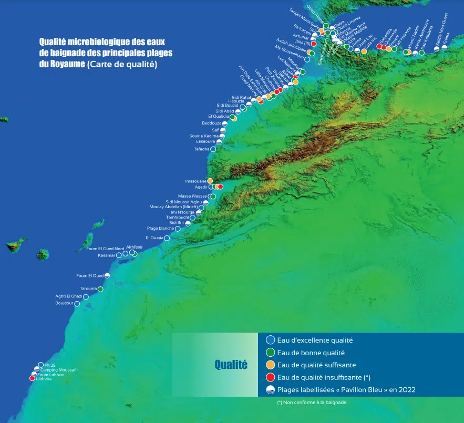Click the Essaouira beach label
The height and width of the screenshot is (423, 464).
[x=205, y=141]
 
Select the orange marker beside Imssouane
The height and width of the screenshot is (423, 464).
[x=210, y=181]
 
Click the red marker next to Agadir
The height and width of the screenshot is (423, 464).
[x=221, y=187]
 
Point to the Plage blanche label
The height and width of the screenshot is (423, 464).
[x=160, y=229]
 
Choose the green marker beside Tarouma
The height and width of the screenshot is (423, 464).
[x=100, y=289]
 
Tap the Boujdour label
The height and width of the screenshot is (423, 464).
[x=64, y=303]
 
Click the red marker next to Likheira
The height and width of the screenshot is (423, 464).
[x=32, y=378]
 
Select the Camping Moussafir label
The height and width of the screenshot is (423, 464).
[x=59, y=370]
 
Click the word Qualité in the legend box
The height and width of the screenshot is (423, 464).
[x=231, y=365]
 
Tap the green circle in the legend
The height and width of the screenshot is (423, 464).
[x=270, y=353]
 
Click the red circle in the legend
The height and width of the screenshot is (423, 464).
[x=270, y=377]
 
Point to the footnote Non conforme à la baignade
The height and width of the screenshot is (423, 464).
[x=312, y=403]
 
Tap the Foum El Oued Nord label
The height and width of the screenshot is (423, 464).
[x=105, y=249]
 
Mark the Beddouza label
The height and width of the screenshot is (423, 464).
[x=211, y=123]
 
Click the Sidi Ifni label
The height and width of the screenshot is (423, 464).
[x=176, y=223]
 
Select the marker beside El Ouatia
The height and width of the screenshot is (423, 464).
[x=167, y=238]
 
